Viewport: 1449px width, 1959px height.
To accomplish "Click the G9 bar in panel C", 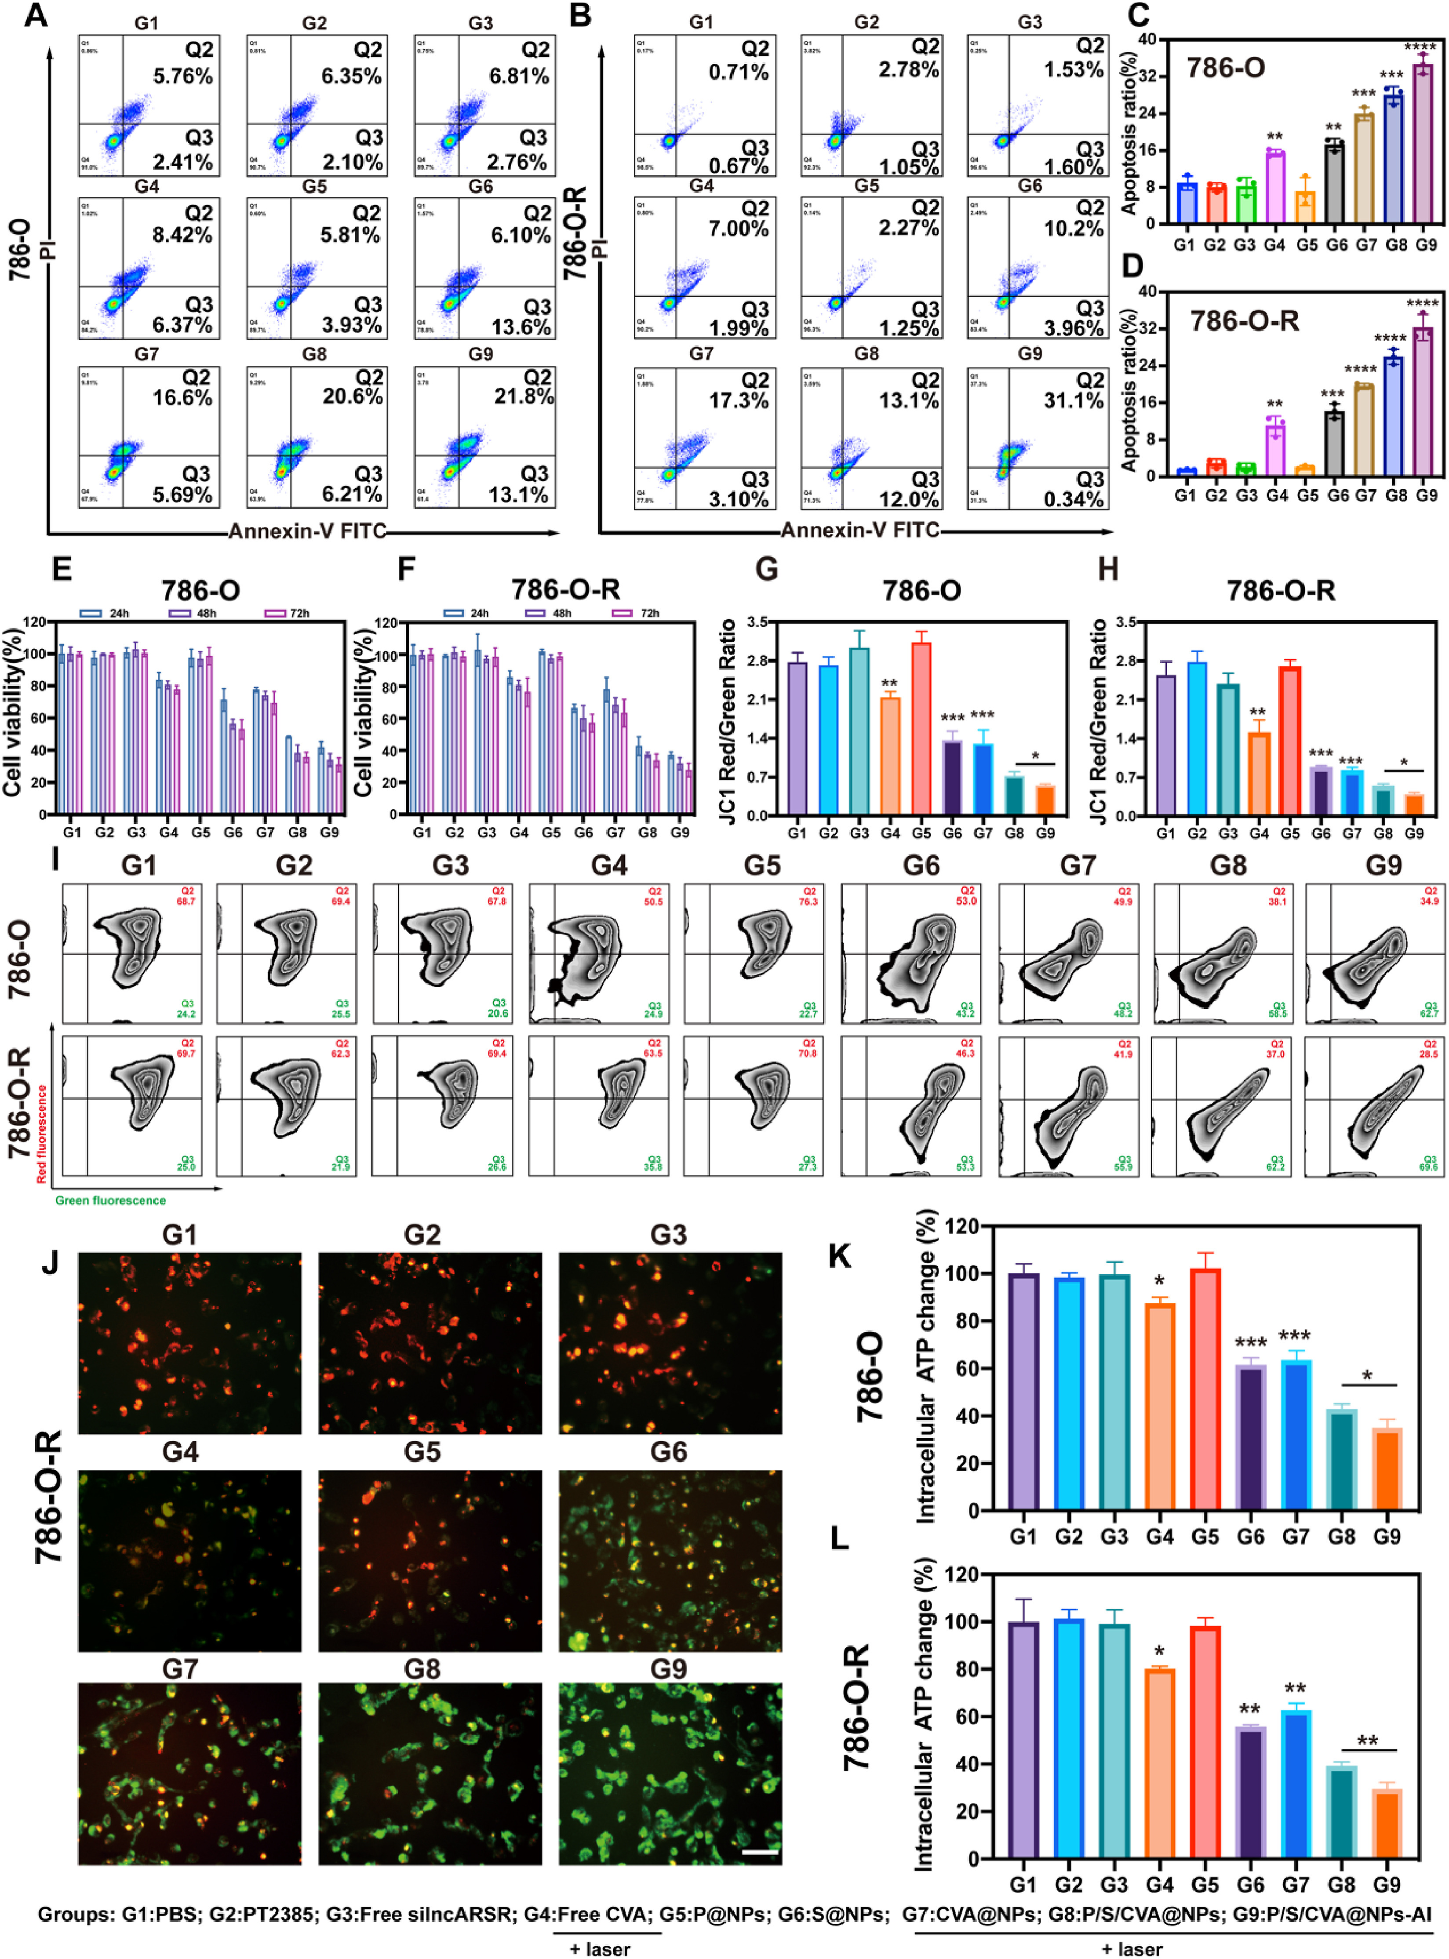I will pyautogui.click(x=1423, y=145).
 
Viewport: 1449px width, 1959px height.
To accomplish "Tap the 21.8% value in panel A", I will pyautogui.click(x=524, y=396).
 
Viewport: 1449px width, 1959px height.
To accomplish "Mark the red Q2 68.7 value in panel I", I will pyautogui.click(x=186, y=896).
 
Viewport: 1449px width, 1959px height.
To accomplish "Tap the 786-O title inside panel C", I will pyautogui.click(x=1225, y=68).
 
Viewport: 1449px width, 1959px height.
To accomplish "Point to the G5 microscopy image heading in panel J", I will pyautogui.click(x=422, y=1451).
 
